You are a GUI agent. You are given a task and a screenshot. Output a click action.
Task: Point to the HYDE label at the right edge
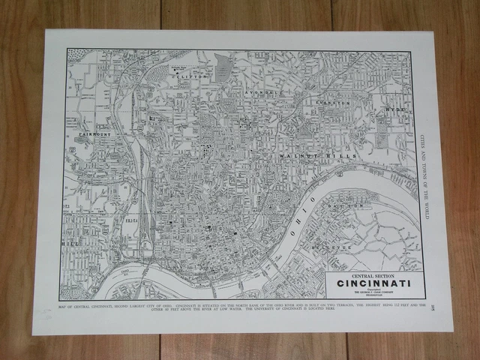[397, 109]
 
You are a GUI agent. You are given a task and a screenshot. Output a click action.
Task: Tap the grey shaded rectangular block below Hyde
[383, 136]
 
